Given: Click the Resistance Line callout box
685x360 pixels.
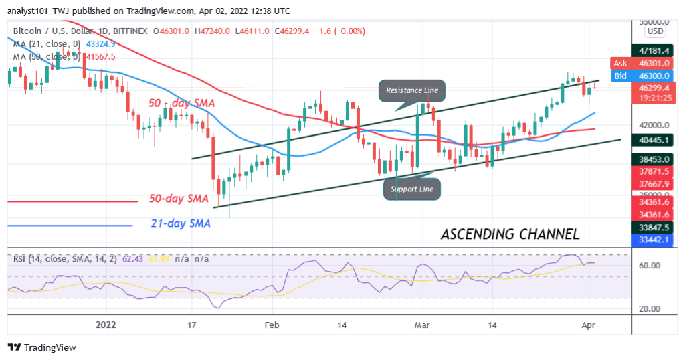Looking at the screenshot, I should (x=412, y=90).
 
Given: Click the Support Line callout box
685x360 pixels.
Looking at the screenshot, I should (x=413, y=189).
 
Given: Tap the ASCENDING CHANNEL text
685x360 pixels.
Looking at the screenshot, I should (x=510, y=234).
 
